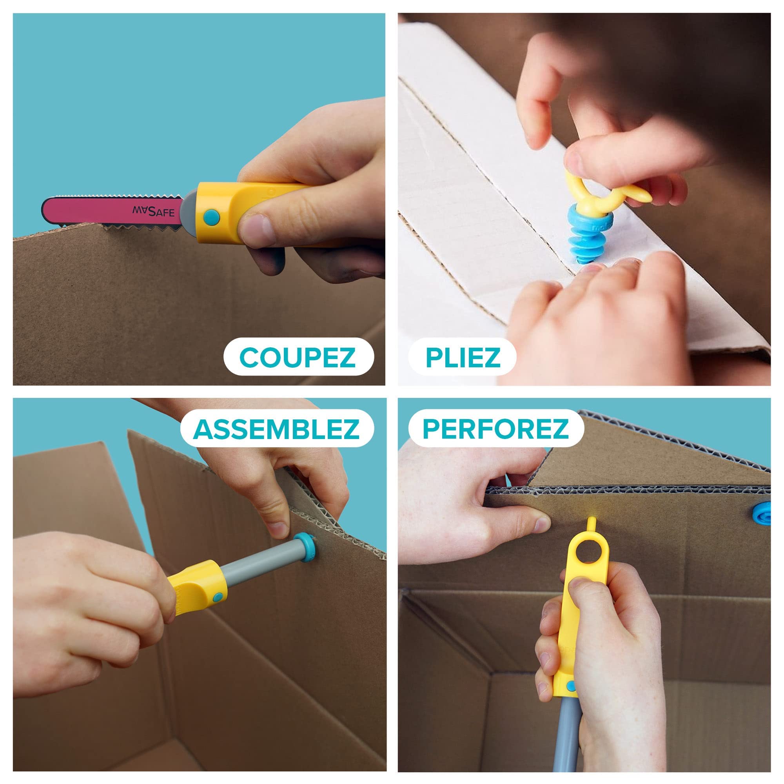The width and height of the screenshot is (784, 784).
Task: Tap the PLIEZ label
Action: (463, 357)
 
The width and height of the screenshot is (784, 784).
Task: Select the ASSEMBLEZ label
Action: (276, 428)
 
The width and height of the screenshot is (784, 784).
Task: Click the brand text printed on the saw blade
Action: (153, 211)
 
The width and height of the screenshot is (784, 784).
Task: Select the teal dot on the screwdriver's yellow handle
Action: (218, 596)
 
